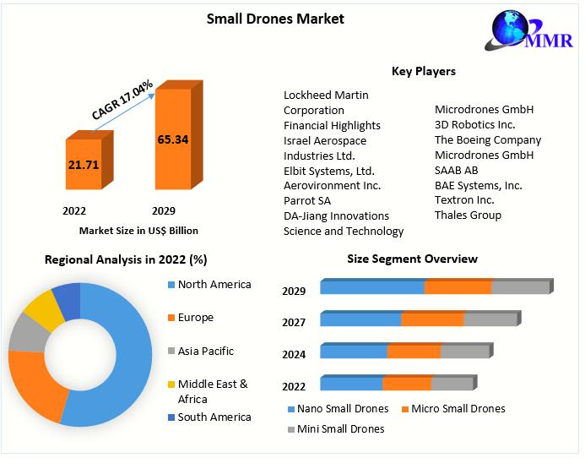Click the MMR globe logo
(529, 30)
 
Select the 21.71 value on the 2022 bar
(84, 165)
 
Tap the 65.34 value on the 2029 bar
(173, 139)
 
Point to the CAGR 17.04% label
(122, 100)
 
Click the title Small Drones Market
(275, 19)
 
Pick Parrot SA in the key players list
(307, 201)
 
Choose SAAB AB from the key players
(457, 171)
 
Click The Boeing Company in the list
(488, 140)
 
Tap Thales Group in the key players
(468, 215)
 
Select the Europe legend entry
(191, 318)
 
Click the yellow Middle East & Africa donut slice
(45, 311)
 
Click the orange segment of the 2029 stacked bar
(458, 287)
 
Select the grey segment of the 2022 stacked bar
(453, 384)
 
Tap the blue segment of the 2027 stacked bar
(360, 319)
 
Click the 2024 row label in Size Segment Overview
(294, 354)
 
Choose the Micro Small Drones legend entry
(453, 409)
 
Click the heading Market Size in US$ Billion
(138, 231)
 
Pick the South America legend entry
(209, 417)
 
